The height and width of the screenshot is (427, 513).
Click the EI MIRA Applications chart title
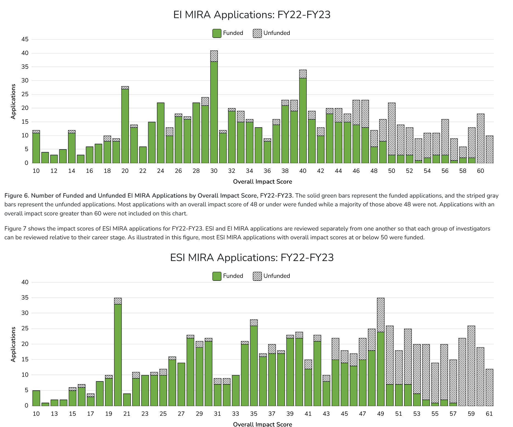click(x=252, y=15)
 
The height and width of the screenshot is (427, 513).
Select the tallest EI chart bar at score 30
click(x=214, y=110)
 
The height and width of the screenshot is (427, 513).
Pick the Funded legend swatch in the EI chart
click(x=217, y=33)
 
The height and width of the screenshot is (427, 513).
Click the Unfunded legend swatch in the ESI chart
click(x=257, y=276)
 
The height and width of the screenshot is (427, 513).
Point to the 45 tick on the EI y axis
click(x=25, y=39)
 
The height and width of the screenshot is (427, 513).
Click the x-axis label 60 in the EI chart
click(x=480, y=171)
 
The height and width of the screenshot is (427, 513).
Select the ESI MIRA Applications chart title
click(x=252, y=258)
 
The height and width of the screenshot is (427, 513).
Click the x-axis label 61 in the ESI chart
click(x=489, y=414)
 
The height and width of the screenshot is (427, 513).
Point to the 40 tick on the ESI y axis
click(x=25, y=282)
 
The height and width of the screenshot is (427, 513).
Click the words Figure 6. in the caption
click(x=16, y=196)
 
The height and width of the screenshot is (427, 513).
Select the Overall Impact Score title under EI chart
click(x=262, y=182)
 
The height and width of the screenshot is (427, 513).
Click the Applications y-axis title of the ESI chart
click(x=13, y=344)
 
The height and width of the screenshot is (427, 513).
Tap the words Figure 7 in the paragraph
click(x=15, y=229)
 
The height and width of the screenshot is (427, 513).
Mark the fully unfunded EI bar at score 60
click(x=480, y=139)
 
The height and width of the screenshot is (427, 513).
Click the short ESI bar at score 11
click(x=45, y=404)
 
